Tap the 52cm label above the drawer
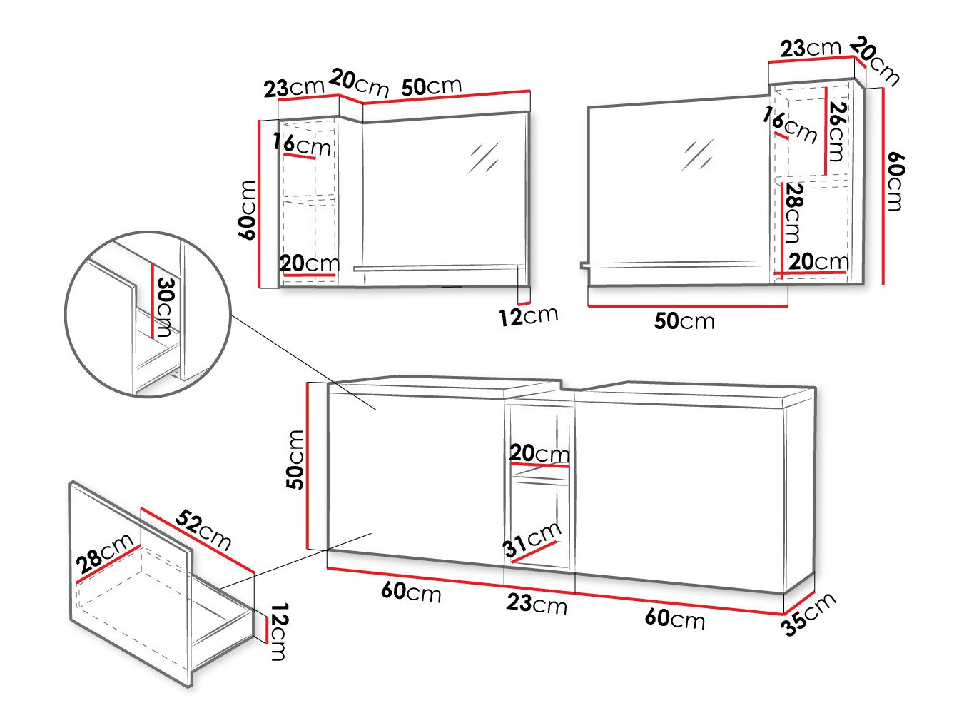[203, 530]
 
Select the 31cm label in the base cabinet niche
[532, 540]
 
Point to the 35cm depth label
[809, 614]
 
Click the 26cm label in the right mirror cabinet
[837, 132]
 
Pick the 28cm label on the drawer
[104, 554]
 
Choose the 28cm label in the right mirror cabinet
[794, 213]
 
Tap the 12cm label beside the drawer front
[279, 632]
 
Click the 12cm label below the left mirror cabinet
[528, 316]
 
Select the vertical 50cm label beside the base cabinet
[295, 460]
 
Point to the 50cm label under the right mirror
[684, 321]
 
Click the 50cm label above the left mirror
[431, 86]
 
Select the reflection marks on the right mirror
[698, 155]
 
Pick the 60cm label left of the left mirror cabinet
[247, 210]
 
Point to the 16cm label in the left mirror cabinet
[302, 144]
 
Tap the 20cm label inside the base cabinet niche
[539, 453]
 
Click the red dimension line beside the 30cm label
[152, 301]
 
